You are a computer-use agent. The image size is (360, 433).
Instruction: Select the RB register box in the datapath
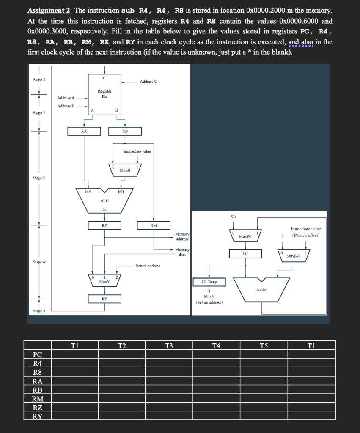pos(125,131)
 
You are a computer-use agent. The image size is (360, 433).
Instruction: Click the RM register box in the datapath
pos(154,225)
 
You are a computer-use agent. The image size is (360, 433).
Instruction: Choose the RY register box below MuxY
pos(104,299)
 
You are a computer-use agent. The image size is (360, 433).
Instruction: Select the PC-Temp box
pos(209,281)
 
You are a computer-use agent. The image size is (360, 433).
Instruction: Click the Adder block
pos(261,290)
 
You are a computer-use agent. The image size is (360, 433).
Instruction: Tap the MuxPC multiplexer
pos(245,236)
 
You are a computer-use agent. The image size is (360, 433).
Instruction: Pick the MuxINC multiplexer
pos(293,256)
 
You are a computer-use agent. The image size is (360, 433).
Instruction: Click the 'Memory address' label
pos(182,236)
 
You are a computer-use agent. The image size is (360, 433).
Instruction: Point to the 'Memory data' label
pos(182,252)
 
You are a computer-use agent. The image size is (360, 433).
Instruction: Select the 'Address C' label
pos(148,81)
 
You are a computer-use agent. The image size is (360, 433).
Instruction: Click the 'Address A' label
pos(66,98)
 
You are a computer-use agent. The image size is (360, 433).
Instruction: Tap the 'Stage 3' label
pos(39,178)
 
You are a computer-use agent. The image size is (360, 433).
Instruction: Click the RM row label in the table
pos(38,399)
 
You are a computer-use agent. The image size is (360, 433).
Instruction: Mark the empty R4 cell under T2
pos(122,363)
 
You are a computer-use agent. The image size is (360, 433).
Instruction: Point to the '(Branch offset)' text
pos(306,235)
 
